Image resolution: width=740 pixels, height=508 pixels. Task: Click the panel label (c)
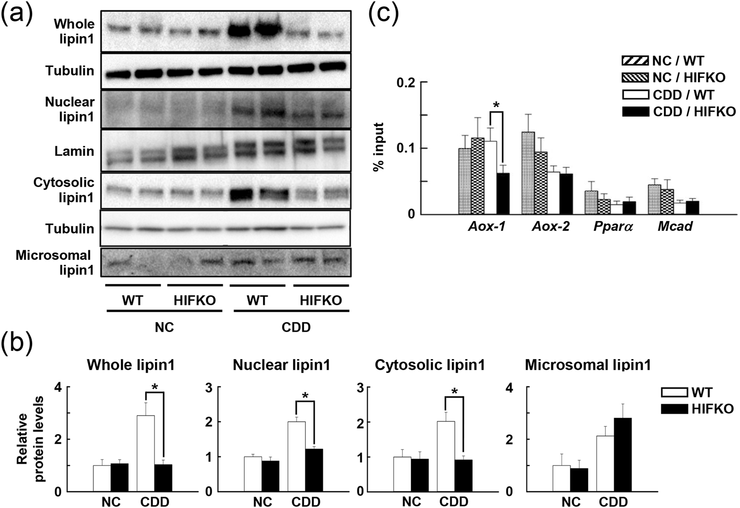383,14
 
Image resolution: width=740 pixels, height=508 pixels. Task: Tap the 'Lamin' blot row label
74,151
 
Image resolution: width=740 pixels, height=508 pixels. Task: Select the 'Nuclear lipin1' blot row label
70,109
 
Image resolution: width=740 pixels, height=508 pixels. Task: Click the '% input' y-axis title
379,147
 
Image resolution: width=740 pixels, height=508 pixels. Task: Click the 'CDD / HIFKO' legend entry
679,112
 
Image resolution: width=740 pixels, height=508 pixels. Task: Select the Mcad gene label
675,226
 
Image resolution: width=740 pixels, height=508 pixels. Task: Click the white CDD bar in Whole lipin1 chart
146,453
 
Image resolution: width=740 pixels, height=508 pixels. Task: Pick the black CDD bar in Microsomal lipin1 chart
623,454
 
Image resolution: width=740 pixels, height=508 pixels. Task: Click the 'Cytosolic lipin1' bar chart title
429,365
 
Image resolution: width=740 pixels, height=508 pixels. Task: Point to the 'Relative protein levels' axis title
30,439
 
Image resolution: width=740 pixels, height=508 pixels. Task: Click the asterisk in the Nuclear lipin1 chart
305,396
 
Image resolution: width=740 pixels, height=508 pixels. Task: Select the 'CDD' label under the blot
296,327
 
